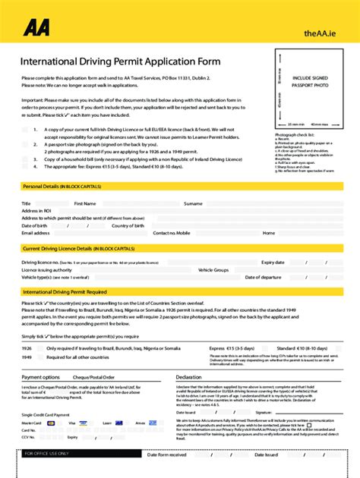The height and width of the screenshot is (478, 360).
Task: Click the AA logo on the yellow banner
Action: coord(36,28)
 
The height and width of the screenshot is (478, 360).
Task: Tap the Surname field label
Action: coord(193,203)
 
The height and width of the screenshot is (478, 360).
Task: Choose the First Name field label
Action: coord(84,203)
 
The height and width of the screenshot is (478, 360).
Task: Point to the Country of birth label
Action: coord(128,225)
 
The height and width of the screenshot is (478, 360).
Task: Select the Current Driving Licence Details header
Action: coord(78,248)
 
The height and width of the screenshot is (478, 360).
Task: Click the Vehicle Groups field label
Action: coord(213,269)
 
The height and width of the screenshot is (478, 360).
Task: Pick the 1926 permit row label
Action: coord(27,347)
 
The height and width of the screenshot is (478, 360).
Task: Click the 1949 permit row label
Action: coord(27,357)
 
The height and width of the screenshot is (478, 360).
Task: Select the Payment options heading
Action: coord(40,377)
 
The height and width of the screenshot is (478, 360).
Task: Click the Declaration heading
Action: coord(188,377)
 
